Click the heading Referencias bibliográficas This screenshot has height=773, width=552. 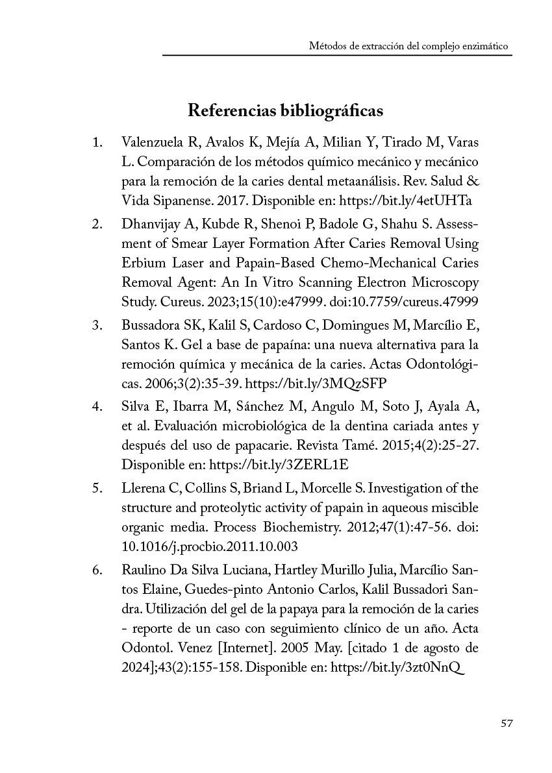point(285,110)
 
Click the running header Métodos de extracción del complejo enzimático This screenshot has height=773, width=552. point(408,47)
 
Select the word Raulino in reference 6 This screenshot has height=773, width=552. point(142,571)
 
